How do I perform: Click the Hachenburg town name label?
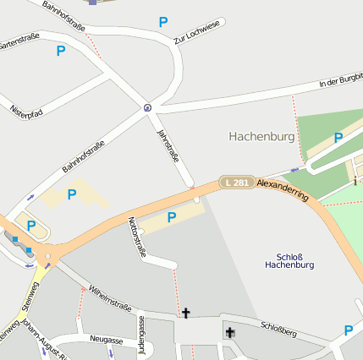tap(262, 136)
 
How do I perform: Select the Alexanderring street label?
tap(283, 188)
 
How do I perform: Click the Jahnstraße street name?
tap(168, 145)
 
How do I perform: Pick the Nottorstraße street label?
tap(136, 237)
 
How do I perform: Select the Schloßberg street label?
tap(278, 327)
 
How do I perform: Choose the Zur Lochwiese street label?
tap(195, 33)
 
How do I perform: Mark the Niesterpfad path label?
tap(26, 111)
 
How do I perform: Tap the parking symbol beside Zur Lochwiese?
tap(163, 21)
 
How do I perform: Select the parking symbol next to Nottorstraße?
tap(172, 218)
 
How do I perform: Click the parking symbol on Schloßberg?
tap(348, 330)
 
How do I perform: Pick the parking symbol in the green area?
tap(338, 138)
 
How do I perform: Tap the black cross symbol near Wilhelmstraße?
tap(185, 314)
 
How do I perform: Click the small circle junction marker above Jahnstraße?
tap(148, 107)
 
